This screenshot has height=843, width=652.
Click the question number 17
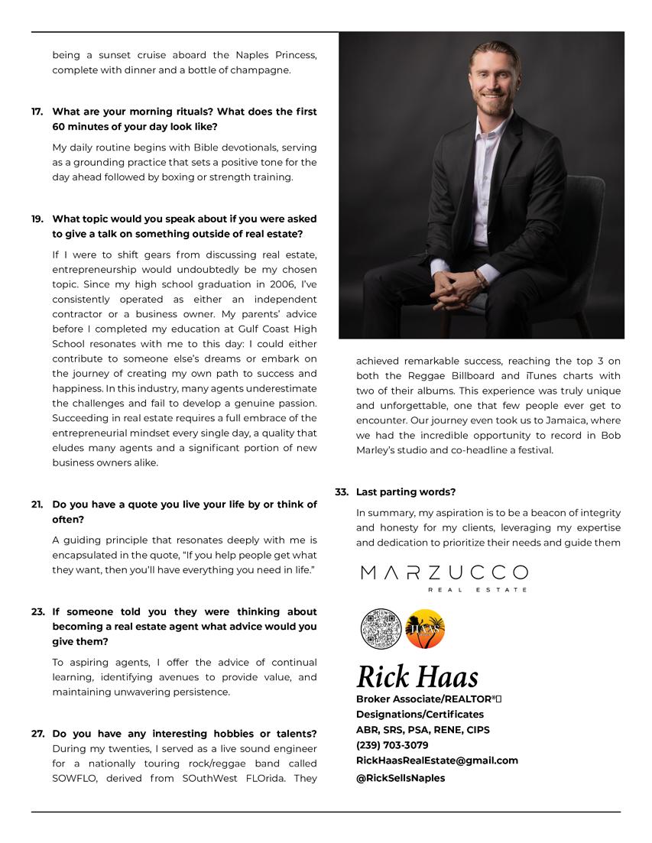(x=37, y=112)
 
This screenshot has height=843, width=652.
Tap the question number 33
(x=342, y=492)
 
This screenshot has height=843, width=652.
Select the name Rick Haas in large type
(x=417, y=677)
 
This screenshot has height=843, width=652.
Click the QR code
(x=381, y=628)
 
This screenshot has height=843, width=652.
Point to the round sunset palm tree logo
(x=424, y=628)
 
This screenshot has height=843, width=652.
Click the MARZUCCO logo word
(x=443, y=572)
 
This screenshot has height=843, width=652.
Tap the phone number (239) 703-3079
(x=392, y=745)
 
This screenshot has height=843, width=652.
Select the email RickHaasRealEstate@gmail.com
(x=437, y=760)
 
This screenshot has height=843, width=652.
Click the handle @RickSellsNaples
(x=401, y=778)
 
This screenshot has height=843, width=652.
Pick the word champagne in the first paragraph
(x=264, y=70)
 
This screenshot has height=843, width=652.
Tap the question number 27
(x=37, y=734)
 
